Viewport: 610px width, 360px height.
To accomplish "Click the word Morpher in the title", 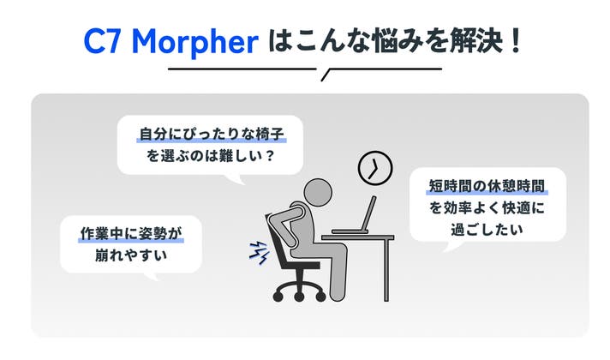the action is pos(195,42).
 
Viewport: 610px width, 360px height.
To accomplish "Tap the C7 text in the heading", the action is pos(102,41).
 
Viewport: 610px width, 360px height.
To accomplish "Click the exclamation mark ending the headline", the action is pos(517,40).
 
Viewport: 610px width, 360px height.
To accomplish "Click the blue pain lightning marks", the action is pos(259,252).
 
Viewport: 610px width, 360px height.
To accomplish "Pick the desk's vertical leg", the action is pos(386,270).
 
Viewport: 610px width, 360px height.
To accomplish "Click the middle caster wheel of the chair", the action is pos(299,297).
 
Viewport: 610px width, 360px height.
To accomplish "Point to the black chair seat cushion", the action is pos(303,265).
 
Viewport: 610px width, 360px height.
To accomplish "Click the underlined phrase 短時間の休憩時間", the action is pos(487,186).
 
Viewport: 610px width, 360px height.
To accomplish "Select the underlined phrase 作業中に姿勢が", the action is pos(131,233).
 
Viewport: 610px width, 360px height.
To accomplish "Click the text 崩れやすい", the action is pos(131,255).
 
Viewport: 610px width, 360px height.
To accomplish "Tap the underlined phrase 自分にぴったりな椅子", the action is pos(212,135).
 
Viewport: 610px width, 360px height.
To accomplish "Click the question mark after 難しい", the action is pos(270,157).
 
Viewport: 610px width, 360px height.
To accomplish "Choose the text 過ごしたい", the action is pos(487,229).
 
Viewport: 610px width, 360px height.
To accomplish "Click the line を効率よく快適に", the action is pos(487,207).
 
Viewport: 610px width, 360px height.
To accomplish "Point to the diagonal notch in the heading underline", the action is pos(326,75).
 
